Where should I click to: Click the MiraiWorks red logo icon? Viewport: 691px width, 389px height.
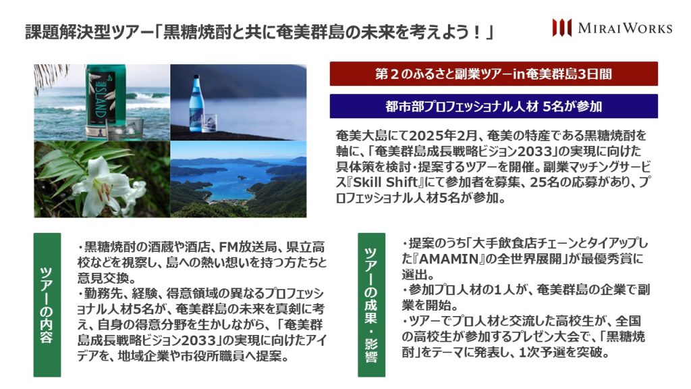pyautogui.click(x=562, y=28)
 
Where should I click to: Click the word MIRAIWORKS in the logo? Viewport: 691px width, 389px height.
pyautogui.click(x=625, y=28)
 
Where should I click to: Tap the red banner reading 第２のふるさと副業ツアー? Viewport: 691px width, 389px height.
pyautogui.click(x=493, y=74)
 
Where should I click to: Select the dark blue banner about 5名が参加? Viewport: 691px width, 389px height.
pyautogui.click(x=493, y=106)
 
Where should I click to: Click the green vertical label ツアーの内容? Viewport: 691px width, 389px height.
pyautogui.click(x=47, y=305)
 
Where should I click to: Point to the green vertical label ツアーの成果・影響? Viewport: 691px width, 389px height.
pyautogui.click(x=372, y=305)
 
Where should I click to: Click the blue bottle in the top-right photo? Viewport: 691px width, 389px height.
pyautogui.click(x=196, y=103)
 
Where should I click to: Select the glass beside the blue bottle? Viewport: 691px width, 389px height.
pyautogui.click(x=209, y=123)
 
